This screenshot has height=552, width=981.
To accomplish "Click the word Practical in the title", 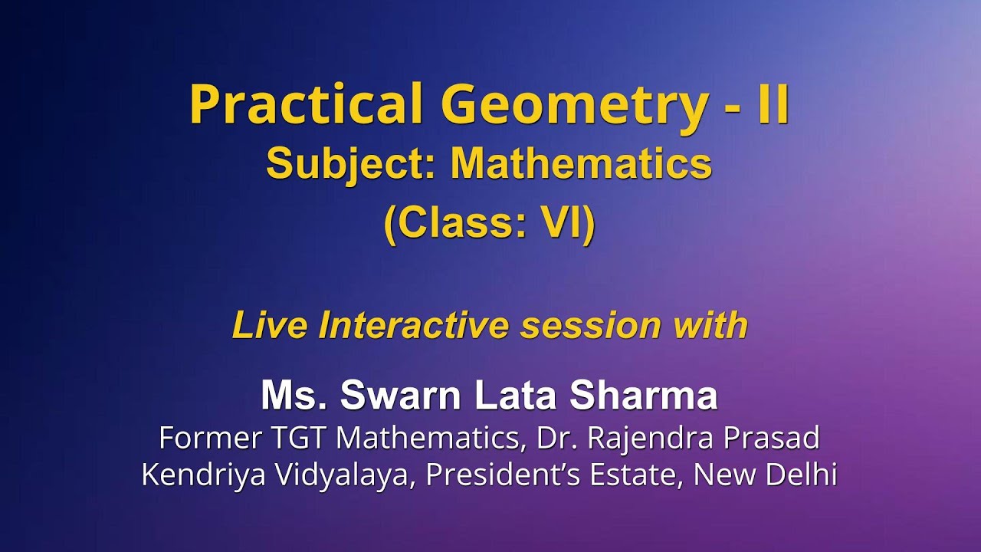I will click(306, 104).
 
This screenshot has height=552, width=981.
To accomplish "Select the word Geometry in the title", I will click(573, 106).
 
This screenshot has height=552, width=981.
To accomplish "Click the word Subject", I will click(351, 165).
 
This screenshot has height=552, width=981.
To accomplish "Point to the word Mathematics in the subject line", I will click(581, 164).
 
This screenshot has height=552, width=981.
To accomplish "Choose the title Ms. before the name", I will click(294, 396).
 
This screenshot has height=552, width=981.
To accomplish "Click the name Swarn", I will click(401, 396).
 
